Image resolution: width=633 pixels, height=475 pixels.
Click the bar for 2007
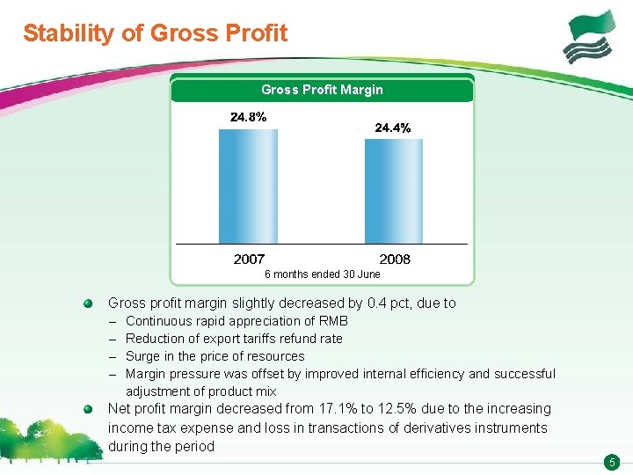pos(249,186)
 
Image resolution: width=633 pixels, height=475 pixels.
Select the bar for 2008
pos(394,191)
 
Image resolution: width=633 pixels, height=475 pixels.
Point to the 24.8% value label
pos(249,117)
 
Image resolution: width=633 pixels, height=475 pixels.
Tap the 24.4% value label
pos(392,128)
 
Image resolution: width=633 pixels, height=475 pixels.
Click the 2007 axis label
pos(249,259)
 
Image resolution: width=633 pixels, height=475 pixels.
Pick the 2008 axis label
pos(395,259)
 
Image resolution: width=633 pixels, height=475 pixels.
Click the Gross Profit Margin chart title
pos(322,90)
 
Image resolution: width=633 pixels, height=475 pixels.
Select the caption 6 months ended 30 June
pos(323,274)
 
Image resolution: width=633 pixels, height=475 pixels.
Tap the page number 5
pos(613,463)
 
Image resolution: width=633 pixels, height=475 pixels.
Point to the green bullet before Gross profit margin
pos(88,303)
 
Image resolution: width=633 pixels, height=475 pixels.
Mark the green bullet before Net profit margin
pos(88,409)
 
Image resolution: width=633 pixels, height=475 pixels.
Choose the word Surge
pos(142,356)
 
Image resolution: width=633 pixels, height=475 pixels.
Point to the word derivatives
pos(406,428)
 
